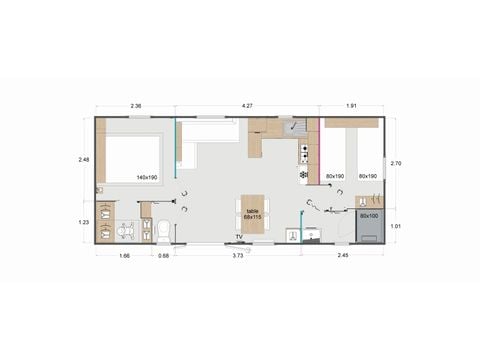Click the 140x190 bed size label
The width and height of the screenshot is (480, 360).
coord(147,177)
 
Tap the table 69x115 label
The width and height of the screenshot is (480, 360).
coord(252,213)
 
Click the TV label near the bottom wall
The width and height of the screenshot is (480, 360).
coord(238,236)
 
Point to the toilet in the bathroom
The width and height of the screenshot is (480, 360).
coord(163,230)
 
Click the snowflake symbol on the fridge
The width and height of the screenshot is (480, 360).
coord(304,175)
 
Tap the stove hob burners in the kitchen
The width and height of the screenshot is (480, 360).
coord(304,151)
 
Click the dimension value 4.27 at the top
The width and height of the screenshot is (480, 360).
coord(247,105)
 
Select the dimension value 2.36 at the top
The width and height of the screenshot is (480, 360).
coord(135,105)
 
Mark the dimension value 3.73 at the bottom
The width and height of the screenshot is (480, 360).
coord(238,257)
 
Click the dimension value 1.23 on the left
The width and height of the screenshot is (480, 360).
coord(84,222)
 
